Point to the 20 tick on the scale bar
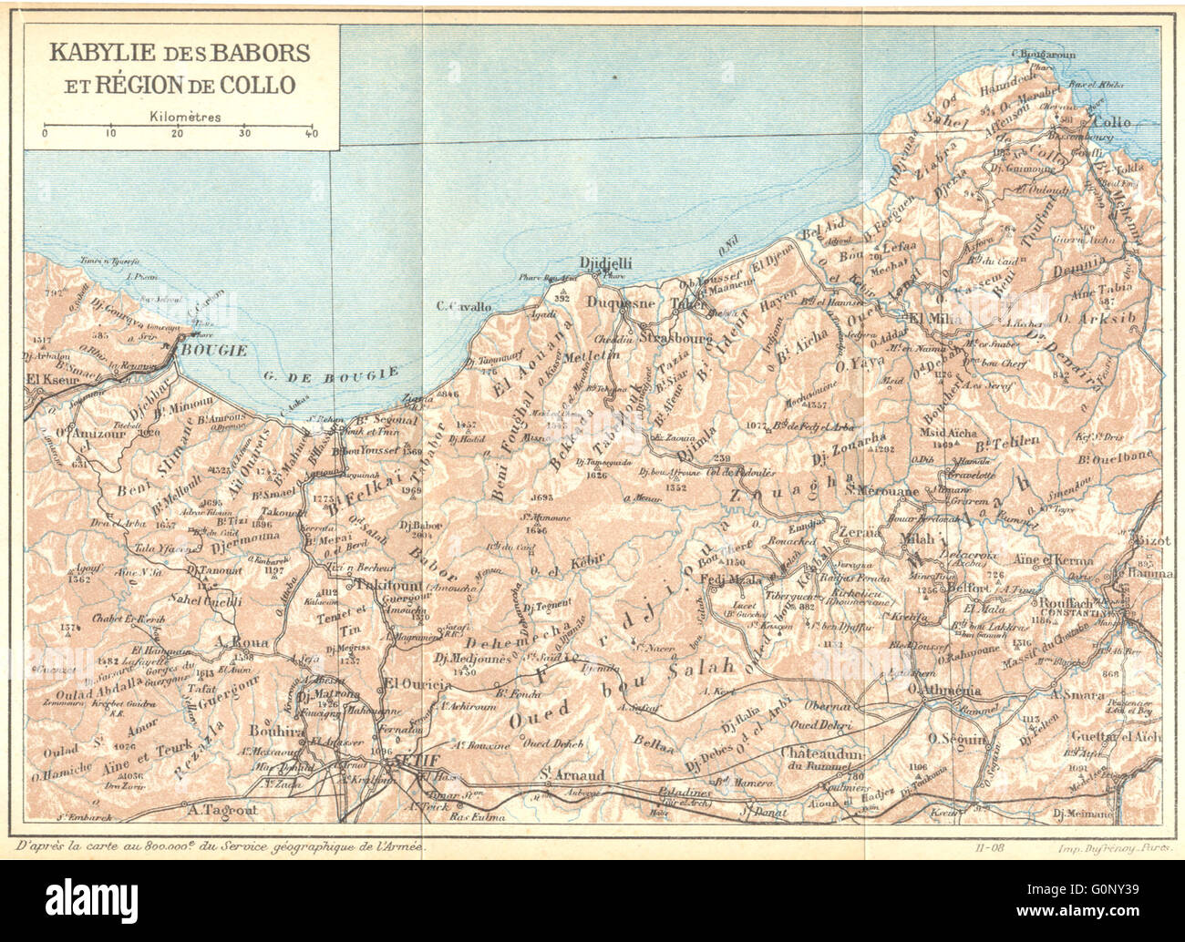[x=177, y=133]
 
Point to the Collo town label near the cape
[x=1111, y=122]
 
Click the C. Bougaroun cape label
[x=1043, y=55]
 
